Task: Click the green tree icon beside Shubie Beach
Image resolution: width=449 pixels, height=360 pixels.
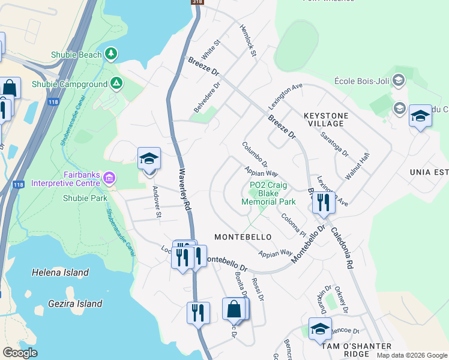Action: [x=110, y=55]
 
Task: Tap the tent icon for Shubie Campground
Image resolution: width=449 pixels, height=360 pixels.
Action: [x=116, y=83]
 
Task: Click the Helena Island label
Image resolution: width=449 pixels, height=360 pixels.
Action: [x=60, y=272]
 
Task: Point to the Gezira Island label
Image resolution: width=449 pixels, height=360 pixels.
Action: [x=67, y=304]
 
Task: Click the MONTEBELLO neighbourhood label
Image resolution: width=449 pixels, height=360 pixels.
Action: [x=243, y=238]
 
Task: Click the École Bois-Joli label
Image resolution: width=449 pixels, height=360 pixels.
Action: [x=361, y=82]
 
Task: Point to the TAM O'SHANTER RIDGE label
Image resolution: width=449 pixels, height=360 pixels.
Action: [x=356, y=350]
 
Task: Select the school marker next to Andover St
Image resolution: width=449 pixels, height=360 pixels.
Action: [x=149, y=159]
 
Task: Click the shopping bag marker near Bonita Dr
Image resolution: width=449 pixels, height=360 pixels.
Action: [x=234, y=310]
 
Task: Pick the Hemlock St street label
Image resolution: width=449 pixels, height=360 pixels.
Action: [x=248, y=41]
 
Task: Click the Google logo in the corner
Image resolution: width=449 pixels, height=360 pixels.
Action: [x=20, y=353]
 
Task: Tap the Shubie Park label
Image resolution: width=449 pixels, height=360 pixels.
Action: [x=85, y=198]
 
